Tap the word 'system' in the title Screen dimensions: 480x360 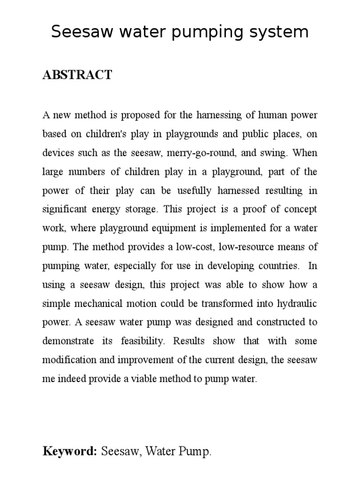point(280,32)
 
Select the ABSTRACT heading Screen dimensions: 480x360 point(77,75)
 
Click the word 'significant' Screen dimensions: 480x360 point(66,209)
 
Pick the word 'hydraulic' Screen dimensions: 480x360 point(296,304)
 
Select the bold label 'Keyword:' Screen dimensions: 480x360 point(70,451)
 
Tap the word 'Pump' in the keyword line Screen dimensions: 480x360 point(196,451)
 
